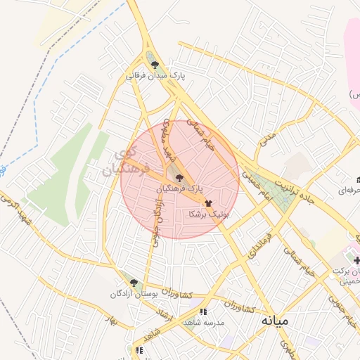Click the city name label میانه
point(275,320)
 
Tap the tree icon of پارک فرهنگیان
point(179,178)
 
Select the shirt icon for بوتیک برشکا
point(208,202)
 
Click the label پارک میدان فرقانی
point(155,75)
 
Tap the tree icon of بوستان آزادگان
point(134,283)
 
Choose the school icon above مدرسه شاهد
point(204,311)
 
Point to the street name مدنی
point(267,140)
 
